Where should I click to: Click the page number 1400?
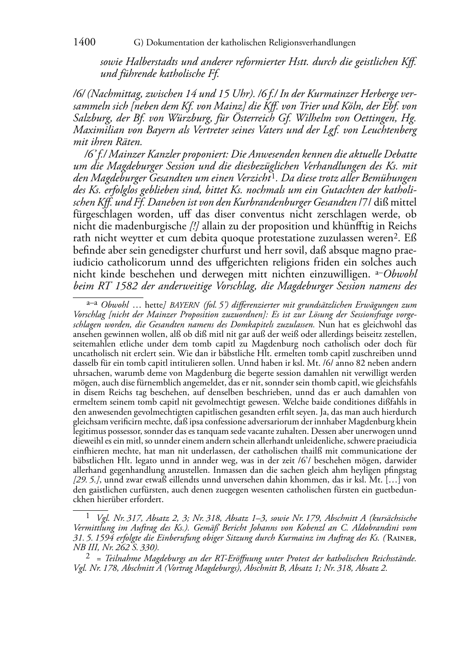(x=84, y=43)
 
